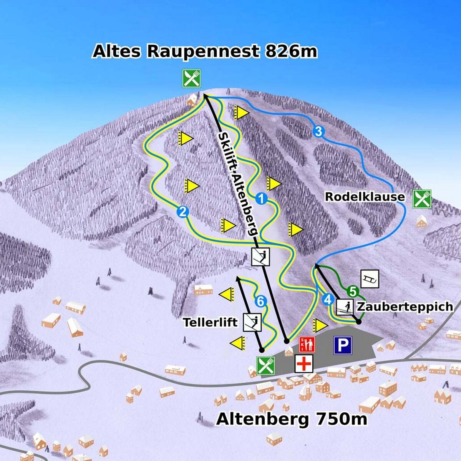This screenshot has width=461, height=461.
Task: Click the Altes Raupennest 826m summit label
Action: point(205,51)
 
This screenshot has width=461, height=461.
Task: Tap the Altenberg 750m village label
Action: point(292,419)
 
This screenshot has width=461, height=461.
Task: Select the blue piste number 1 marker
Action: point(261,199)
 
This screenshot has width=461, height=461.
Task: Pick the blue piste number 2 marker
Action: point(182,211)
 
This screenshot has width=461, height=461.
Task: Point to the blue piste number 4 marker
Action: point(328,299)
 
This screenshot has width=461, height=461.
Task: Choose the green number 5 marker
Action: point(353,291)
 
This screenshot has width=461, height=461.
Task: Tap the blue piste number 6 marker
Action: point(260,302)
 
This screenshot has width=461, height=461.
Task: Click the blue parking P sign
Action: point(343,345)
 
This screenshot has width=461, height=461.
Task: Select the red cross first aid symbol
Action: point(304,363)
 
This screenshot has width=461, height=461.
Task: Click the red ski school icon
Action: point(307,344)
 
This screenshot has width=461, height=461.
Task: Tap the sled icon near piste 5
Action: point(370,279)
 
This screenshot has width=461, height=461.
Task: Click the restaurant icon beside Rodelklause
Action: point(422,199)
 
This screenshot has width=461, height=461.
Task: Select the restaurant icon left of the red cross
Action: point(265,365)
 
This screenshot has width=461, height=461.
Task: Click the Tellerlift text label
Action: point(210,322)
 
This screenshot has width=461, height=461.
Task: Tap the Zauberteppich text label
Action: point(405,307)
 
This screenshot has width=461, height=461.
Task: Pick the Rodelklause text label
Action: point(365,197)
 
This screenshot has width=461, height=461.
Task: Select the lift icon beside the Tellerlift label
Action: point(252,322)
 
